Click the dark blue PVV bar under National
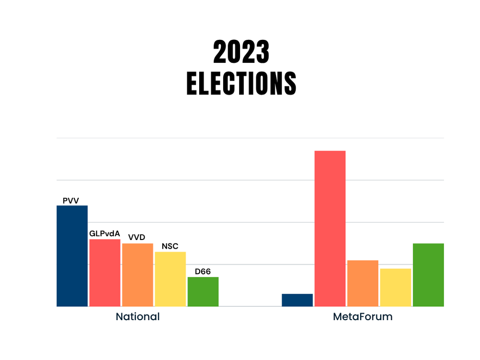tap(72, 256)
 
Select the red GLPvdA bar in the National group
tap(105, 273)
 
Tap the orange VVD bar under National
tap(137, 275)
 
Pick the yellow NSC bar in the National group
tap(170, 279)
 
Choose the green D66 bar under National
tap(203, 291)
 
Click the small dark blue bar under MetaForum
tap(297, 300)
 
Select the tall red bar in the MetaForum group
tap(330, 228)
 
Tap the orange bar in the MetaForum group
tap(362, 283)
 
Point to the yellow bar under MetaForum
tap(395, 287)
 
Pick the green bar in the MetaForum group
tap(428, 275)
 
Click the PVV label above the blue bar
tap(71, 201)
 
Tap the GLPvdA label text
tap(105, 234)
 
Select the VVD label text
tap(136, 238)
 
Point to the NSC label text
tap(170, 246)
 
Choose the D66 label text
tap(203, 272)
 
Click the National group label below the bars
tap(137, 317)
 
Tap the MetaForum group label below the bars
tap(362, 317)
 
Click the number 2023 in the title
tap(241, 52)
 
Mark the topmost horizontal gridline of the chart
tap(250, 138)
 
